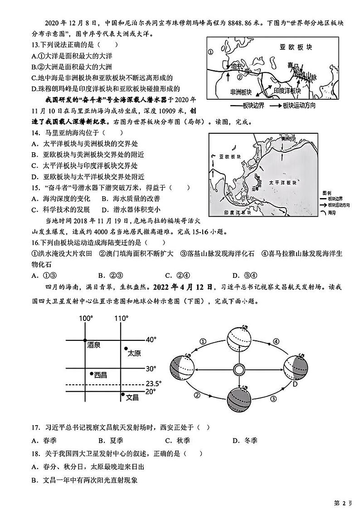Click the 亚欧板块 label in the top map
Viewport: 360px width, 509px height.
tap(291, 47)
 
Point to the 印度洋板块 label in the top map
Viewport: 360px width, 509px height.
tap(287, 91)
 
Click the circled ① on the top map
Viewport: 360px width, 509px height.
tap(210, 52)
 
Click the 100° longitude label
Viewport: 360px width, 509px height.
tap(85, 319)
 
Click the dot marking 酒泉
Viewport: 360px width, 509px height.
tap(85, 339)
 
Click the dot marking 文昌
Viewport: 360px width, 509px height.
tap(122, 396)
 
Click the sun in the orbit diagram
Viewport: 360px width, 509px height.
tap(238, 369)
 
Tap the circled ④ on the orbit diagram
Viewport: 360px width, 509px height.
tap(276, 341)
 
